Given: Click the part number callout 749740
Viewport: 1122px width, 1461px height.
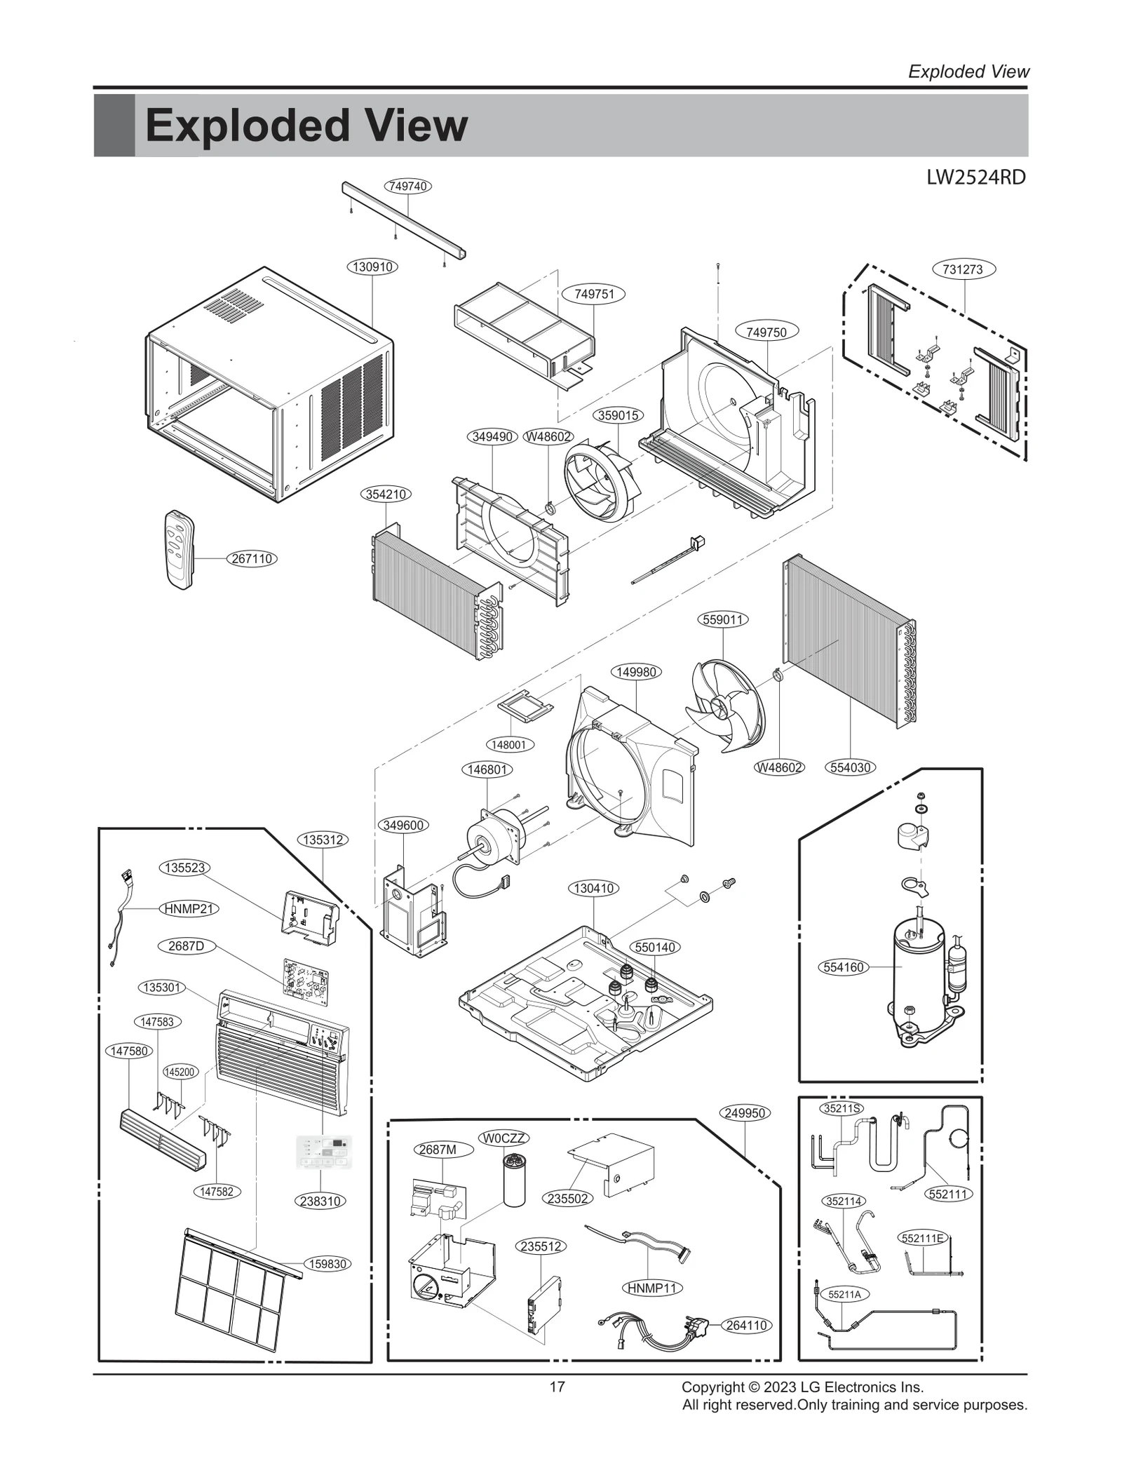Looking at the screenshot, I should coord(407,186).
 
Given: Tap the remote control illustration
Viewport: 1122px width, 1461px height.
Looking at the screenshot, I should coord(177,549).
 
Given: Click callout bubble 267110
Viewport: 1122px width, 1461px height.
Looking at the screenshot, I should coord(252,559).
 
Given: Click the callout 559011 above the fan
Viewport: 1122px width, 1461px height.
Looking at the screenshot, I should coord(723,619).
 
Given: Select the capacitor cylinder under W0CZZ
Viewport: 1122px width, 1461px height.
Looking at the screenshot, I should coord(514,1179).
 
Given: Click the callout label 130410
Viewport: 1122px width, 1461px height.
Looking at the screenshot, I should coord(593,888).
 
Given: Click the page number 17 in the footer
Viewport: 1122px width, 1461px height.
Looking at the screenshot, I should coord(557,1387).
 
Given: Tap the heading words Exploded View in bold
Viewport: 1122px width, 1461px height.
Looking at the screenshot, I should coord(306,126).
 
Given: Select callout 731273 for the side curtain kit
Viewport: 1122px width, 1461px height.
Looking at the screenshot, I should coord(963,269).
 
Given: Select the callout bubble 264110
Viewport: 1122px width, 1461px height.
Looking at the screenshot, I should coord(746,1325).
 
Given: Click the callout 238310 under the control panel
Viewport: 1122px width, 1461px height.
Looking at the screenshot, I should coord(320,1201).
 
